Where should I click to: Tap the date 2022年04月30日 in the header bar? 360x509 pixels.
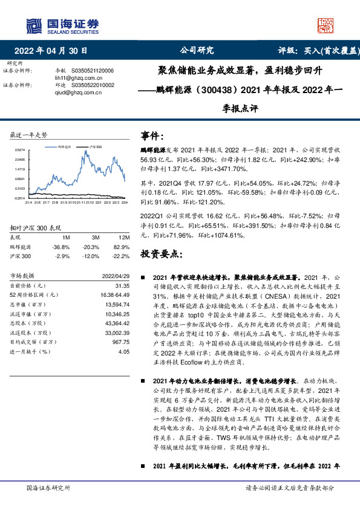[x=54, y=51]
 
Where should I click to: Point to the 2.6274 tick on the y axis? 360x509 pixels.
[x=19, y=150]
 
